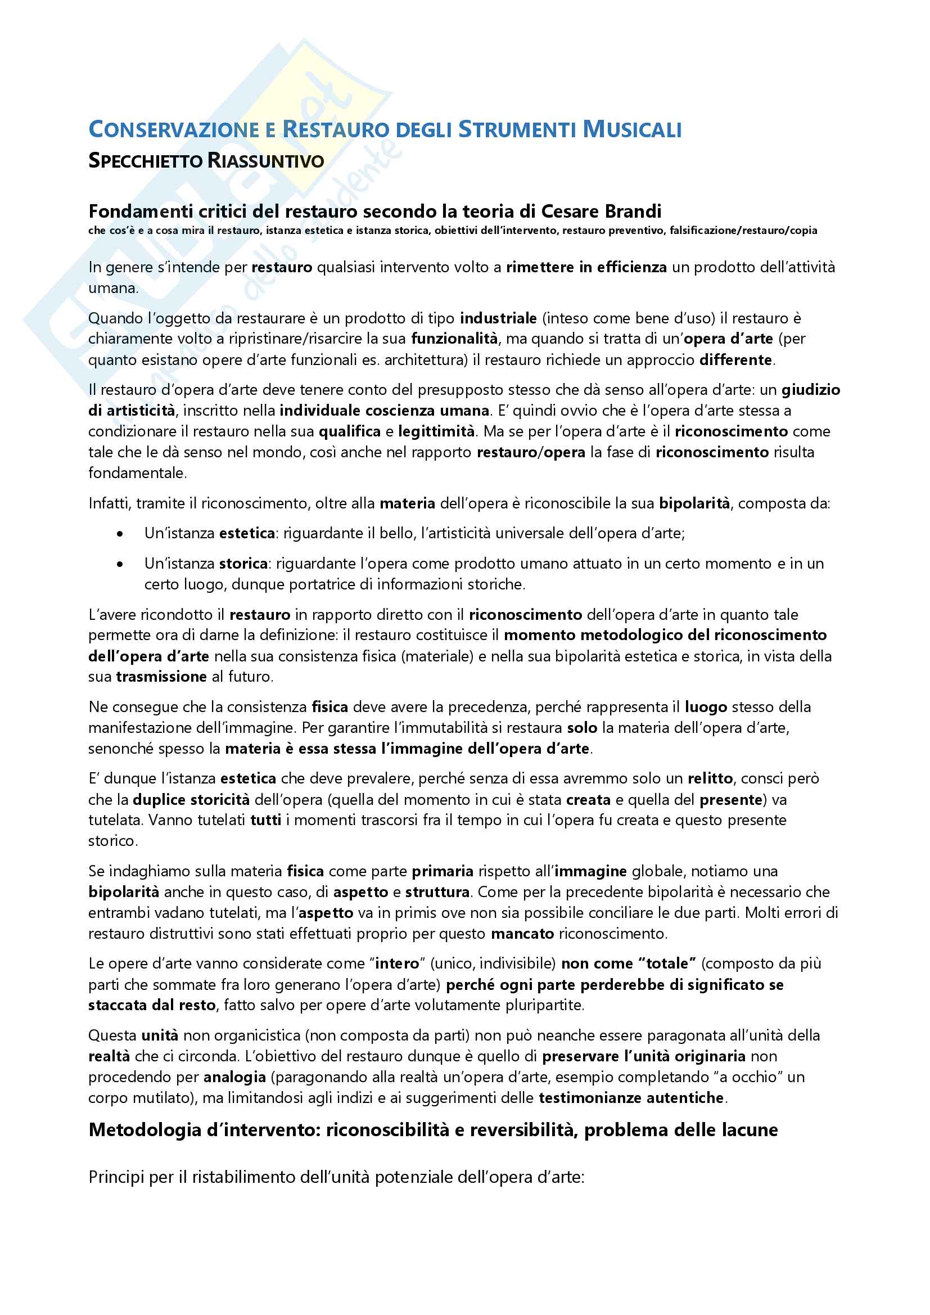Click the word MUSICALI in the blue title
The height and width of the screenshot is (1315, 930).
coord(631,129)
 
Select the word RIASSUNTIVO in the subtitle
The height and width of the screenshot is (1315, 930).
coord(266,161)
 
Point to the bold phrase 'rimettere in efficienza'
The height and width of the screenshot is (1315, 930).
coord(586,268)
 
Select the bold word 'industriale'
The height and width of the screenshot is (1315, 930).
coord(498,318)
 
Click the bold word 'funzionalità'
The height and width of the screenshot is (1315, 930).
coord(454,339)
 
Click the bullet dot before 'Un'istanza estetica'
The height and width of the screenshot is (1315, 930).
coord(120,534)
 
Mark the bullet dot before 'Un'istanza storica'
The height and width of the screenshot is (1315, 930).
coord(120,564)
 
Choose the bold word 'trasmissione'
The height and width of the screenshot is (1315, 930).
coord(161,677)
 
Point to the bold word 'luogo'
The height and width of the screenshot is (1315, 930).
coord(706,707)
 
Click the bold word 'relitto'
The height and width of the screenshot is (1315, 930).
coord(710,778)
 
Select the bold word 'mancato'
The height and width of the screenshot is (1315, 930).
coord(522,934)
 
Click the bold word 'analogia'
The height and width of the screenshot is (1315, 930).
coord(234,1077)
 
